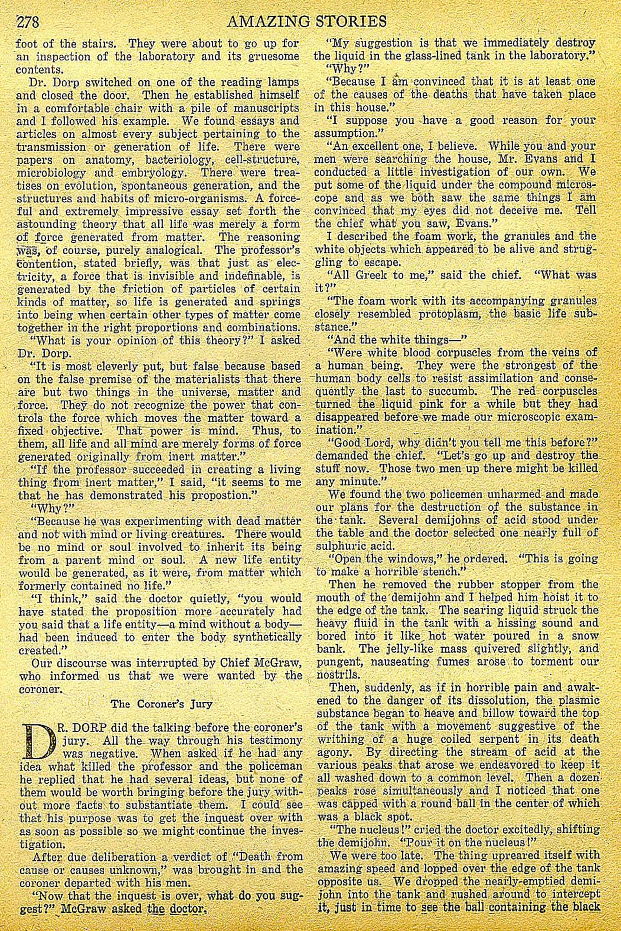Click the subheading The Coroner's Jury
click(x=162, y=703)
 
